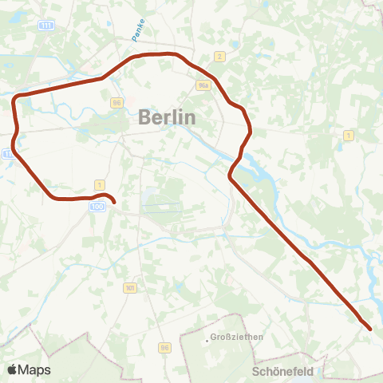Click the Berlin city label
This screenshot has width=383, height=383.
[x=167, y=116]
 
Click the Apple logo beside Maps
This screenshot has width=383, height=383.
[x=13, y=369]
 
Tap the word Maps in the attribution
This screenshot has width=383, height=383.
[x=34, y=369]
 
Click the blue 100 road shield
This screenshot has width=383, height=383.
[x=97, y=206]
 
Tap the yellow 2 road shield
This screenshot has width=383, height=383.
[x=219, y=56]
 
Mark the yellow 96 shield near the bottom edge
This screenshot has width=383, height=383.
[x=164, y=348]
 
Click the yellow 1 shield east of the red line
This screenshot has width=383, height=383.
[x=348, y=136]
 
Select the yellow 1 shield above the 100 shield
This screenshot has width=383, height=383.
[x=99, y=184]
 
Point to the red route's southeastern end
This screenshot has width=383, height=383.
[x=370, y=328]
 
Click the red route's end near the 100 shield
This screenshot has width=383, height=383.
[x=114, y=203]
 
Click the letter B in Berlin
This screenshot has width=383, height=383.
[x=145, y=116]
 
